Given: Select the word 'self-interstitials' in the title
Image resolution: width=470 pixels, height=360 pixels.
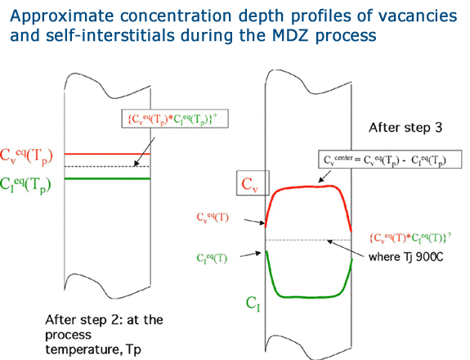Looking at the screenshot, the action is pos(110,35).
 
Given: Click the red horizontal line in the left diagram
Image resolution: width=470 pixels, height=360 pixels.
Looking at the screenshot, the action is pos(107,154).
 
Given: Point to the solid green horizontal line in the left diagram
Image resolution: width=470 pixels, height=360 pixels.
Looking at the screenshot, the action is pos(107,179).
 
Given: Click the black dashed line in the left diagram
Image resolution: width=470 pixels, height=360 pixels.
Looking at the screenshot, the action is pos(107,167).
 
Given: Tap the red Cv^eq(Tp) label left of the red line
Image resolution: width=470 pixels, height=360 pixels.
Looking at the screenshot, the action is pos(26,156).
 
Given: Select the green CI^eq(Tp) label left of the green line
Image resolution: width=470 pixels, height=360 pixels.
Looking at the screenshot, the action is pos(25,185).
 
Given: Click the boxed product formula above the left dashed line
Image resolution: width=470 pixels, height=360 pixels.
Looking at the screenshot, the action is pos(175,119).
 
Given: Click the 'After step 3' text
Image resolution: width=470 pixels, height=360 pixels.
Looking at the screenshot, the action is pos(405,128).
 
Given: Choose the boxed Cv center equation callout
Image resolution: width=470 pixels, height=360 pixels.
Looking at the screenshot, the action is pos(390,160).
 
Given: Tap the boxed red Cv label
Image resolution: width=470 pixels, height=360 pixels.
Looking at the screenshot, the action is pos(253,183).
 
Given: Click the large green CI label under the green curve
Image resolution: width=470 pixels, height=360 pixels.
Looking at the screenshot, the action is pos(253,304).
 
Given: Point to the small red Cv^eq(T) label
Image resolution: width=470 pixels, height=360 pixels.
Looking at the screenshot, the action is pos(213,217).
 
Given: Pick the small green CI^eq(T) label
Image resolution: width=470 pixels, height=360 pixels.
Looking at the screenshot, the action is pos(212,258).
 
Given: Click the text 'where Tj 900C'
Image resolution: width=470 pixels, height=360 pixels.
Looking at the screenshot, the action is pos(405,257).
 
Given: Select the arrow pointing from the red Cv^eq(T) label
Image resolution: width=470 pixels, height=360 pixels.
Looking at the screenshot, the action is pos(254,222).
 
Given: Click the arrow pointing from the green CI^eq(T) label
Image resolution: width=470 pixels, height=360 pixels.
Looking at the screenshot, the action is pos(251,254).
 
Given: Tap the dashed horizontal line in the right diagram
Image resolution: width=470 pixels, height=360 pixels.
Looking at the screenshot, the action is pos(308,240).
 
